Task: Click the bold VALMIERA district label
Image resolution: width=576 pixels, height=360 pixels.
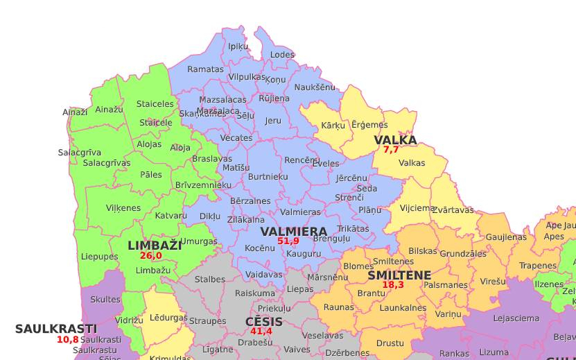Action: point(293,232)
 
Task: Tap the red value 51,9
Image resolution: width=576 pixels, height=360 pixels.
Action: point(288,241)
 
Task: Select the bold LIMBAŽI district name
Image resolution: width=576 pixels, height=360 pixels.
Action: point(155,246)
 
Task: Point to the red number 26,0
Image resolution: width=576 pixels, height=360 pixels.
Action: point(150,256)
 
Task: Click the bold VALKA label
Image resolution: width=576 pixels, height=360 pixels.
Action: point(395,140)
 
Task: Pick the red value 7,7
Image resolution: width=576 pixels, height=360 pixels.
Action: point(391,150)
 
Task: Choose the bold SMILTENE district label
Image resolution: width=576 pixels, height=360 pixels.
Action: point(399,275)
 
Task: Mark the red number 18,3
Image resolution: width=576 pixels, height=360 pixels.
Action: point(393,285)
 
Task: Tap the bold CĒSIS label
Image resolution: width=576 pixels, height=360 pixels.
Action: point(264,322)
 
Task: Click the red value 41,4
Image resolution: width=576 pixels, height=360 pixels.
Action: point(261,332)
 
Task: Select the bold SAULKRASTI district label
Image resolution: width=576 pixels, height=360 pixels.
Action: point(56,329)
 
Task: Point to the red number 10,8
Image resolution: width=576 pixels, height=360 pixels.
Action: point(68,340)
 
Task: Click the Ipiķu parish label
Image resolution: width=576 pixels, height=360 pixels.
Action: point(238,46)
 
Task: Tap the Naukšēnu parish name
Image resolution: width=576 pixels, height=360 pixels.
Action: point(315,87)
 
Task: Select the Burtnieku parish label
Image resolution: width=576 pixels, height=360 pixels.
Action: point(268,177)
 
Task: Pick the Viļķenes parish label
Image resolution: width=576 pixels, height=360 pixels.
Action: point(123,208)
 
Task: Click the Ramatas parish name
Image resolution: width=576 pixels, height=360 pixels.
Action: point(206,69)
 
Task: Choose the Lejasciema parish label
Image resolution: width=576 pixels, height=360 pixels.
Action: point(516,319)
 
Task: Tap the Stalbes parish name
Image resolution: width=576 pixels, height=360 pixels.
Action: point(210,280)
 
